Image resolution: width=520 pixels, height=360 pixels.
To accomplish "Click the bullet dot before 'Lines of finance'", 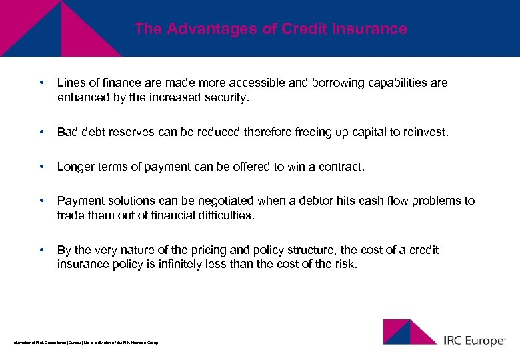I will point(42,83).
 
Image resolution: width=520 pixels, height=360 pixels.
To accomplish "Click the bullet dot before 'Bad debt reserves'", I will point(42,133).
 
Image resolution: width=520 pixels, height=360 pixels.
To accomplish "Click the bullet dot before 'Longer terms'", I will point(42,167).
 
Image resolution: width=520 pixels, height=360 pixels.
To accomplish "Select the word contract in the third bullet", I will point(343,167).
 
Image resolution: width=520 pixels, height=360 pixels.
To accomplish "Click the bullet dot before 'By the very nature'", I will point(42,251).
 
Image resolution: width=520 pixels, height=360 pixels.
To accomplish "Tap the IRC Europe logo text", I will point(474,340).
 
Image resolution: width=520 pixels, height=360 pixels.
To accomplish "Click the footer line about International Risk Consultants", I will point(85,343).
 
